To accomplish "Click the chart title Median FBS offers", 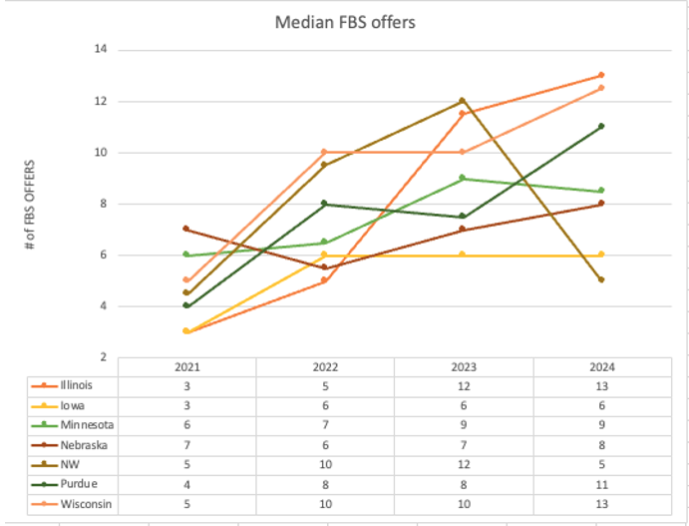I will pyautogui.click(x=344, y=21).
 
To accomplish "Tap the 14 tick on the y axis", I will pyautogui.click(x=102, y=50).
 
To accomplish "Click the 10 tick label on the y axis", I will pyautogui.click(x=102, y=153).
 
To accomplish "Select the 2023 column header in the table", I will pyautogui.click(x=463, y=366).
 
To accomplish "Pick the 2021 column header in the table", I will pyautogui.click(x=186, y=366).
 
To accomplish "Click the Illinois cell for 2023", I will pyautogui.click(x=463, y=385).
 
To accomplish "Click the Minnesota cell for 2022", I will pyautogui.click(x=324, y=425).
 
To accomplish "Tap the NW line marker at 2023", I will pyautogui.click(x=463, y=101).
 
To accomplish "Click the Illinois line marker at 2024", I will pyautogui.click(x=601, y=75).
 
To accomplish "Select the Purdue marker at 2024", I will pyautogui.click(x=601, y=127).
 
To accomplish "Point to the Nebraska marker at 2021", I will pyautogui.click(x=186, y=229).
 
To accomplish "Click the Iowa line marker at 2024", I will pyautogui.click(x=601, y=255).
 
